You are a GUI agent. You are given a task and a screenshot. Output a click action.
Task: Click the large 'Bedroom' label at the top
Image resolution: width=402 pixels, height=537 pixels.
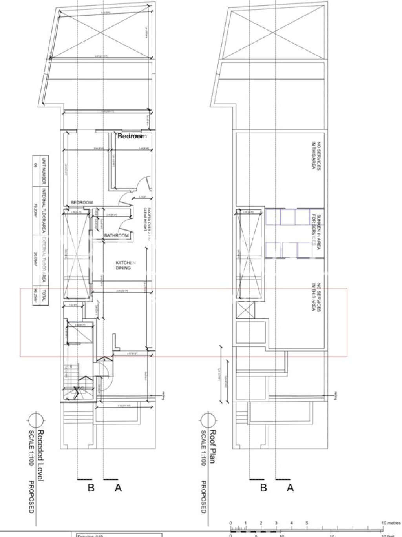tap(132, 136)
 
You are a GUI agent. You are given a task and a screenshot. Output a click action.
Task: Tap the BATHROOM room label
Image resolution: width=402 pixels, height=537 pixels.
tap(116, 235)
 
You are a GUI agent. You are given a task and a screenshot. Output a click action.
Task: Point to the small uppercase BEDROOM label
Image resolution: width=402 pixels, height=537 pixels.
tap(82, 202)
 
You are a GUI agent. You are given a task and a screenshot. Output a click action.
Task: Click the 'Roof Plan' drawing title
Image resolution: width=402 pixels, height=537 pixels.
tap(212, 447)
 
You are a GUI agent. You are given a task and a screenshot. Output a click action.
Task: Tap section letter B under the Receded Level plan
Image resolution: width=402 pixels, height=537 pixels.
tap(91, 488)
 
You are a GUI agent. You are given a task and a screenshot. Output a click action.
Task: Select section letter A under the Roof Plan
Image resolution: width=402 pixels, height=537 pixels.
tap(290, 488)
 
